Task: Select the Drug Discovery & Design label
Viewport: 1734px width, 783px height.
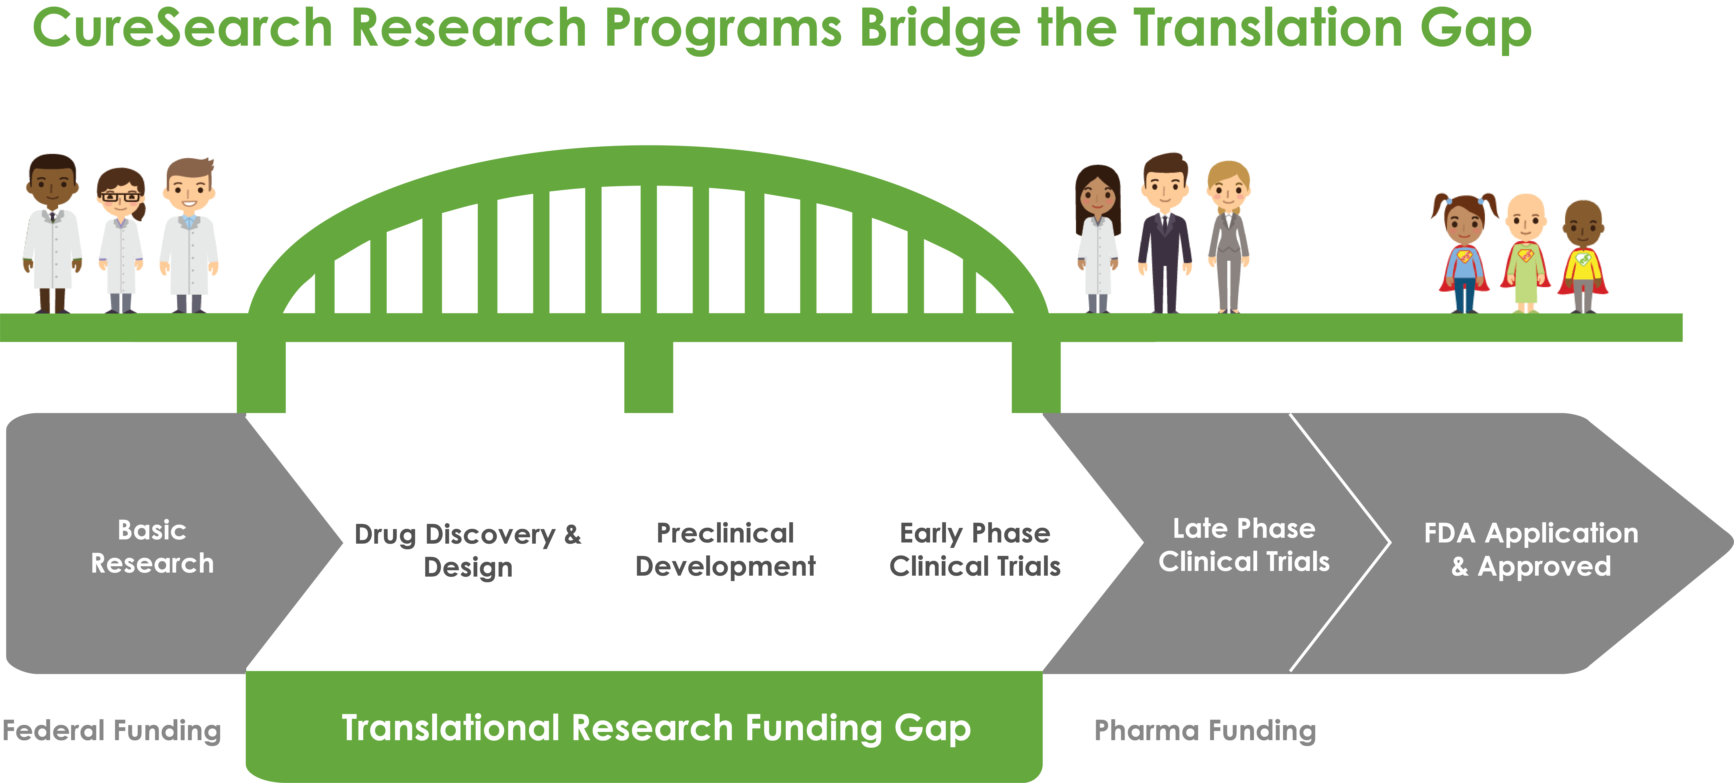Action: (x=468, y=550)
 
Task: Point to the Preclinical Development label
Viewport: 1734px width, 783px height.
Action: (x=726, y=549)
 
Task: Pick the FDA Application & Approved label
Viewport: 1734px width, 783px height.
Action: (x=1531, y=549)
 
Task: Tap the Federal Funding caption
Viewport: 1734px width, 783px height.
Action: (x=112, y=731)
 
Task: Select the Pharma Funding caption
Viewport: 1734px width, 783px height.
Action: (x=1205, y=731)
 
